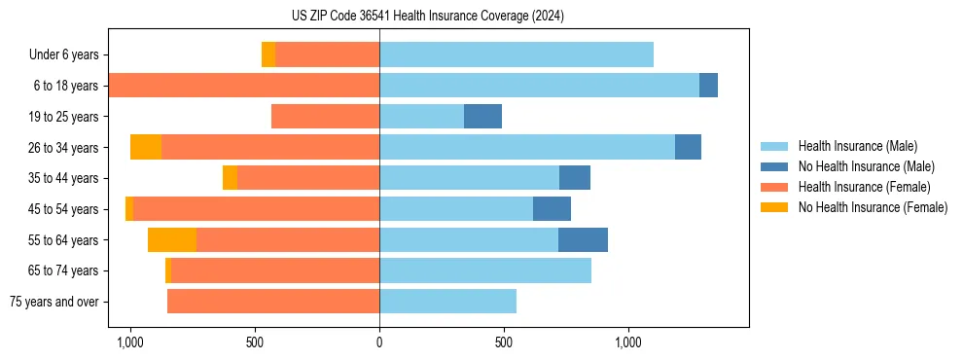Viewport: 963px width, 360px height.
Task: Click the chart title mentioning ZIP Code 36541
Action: pos(427,16)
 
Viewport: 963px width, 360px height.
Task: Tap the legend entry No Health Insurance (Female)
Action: pos(873,207)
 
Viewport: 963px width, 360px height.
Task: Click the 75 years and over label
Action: pos(54,302)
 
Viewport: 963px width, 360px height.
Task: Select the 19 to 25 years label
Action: pos(64,117)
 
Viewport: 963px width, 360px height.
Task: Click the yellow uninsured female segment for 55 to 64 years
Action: pos(172,240)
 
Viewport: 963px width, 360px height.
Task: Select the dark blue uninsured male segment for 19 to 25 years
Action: pos(482,117)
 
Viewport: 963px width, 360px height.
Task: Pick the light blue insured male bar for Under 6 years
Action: pos(516,54)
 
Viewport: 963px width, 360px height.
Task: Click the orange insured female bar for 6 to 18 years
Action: pos(243,86)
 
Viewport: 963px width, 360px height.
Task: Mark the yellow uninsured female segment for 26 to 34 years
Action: pos(146,147)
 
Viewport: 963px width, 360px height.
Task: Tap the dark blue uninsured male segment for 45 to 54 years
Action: pos(552,209)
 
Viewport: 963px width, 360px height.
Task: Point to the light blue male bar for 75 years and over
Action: pos(447,302)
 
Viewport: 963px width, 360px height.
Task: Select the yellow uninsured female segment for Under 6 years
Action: pos(268,54)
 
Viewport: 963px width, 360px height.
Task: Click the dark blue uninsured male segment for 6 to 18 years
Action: pos(708,86)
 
